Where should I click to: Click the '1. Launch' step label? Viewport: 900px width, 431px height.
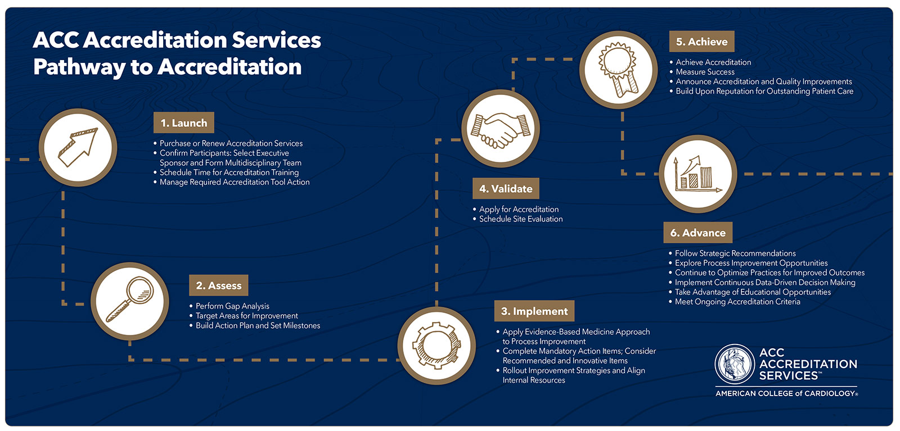[183, 123]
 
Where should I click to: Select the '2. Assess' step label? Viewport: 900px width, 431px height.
[218, 285]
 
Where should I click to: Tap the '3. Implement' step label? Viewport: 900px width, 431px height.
[534, 311]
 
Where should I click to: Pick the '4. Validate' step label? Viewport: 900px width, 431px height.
[506, 189]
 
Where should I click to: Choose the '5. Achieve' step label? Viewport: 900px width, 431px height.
[701, 42]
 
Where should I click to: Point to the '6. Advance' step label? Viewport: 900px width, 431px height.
[697, 233]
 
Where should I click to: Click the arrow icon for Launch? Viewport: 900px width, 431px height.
[78, 147]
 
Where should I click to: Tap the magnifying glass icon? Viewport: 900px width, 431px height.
[130, 301]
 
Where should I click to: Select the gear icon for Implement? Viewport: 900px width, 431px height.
[436, 345]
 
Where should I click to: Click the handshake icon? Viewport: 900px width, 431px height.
[501, 129]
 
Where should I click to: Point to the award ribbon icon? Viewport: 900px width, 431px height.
[618, 70]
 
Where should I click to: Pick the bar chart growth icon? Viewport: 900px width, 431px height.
[697, 174]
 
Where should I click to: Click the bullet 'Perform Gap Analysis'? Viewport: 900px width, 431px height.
[232, 306]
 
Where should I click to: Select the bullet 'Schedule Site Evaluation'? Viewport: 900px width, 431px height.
[521, 219]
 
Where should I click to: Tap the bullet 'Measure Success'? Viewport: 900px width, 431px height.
[705, 72]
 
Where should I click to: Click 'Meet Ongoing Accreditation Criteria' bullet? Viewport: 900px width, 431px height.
[737, 302]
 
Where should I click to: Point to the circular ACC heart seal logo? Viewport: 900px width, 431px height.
[734, 364]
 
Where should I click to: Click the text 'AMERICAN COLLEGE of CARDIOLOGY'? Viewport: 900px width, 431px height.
[786, 393]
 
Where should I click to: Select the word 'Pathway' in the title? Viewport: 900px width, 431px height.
[79, 67]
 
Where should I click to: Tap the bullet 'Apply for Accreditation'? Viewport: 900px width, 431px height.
[519, 210]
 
